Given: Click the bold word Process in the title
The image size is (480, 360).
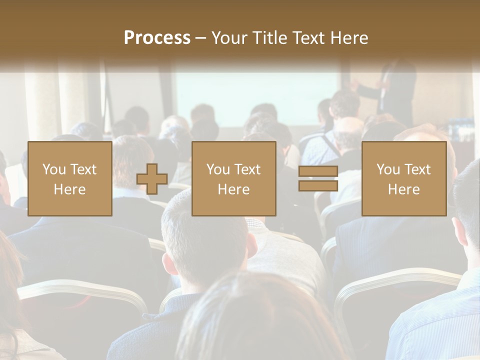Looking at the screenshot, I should tap(157, 37).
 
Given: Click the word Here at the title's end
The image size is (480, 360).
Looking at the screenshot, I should tap(349, 37).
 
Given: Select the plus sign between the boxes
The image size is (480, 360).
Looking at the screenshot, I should tap(152, 179).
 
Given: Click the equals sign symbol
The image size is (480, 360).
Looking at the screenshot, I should tap(318, 179).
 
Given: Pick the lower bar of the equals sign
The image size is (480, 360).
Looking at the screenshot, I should tap(318, 186).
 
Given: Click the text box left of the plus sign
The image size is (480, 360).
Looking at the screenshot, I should tap(69, 178).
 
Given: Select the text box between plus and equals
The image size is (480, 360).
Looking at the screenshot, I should tap(233, 178).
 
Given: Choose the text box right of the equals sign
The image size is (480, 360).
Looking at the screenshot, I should tap(404, 178).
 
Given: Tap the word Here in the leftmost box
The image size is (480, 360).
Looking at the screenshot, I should tap(69, 189).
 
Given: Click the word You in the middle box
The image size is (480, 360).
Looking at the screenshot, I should tap(218, 169).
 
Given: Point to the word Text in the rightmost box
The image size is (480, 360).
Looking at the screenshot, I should tap(417, 169).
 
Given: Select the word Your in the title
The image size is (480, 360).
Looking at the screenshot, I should tap(230, 37).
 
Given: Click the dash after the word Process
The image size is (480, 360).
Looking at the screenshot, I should tap(201, 38).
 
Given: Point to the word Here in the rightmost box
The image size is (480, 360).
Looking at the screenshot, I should tap(404, 189).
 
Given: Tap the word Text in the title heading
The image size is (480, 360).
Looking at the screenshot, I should tap(307, 37).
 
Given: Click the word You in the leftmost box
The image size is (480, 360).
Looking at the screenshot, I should tap(54, 169).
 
